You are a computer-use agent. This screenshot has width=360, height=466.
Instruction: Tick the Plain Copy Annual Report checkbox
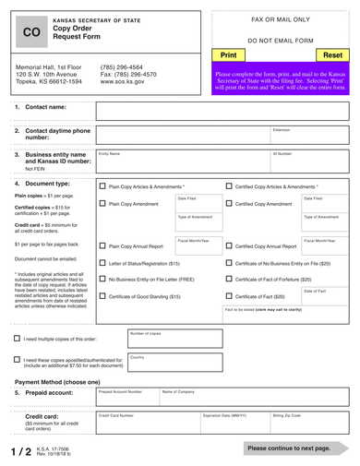[x=102, y=246]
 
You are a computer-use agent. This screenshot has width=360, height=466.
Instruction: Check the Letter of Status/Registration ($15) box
[x=102, y=263]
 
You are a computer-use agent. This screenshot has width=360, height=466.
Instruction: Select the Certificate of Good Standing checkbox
[x=102, y=296]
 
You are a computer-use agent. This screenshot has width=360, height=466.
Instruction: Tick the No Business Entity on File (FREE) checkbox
[x=102, y=279]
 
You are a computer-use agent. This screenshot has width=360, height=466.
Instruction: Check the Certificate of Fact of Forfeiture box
[x=228, y=279]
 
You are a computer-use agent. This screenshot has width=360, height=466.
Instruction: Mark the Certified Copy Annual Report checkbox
[x=228, y=246]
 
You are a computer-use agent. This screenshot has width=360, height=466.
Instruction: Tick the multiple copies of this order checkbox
[x=17, y=338]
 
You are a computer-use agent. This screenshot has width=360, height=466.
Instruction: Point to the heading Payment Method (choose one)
[x=58, y=381]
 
